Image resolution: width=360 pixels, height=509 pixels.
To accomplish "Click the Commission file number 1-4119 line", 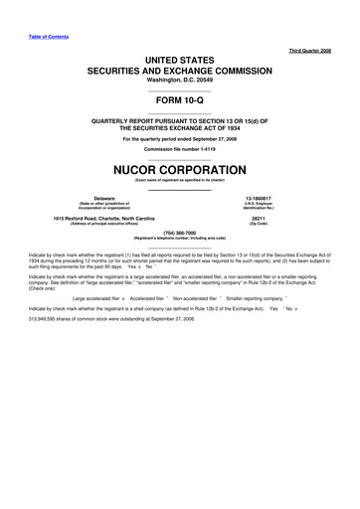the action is tap(179, 149).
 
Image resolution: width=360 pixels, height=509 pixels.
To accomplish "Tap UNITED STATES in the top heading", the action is tap(179, 60).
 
